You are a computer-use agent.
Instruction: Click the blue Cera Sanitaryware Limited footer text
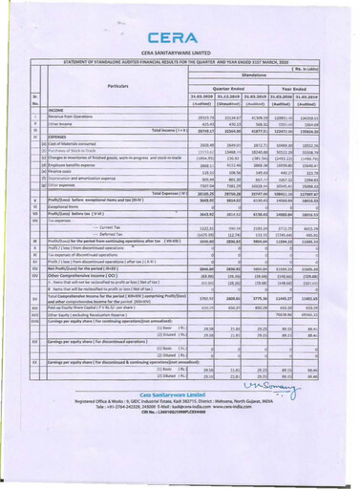(179, 447)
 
